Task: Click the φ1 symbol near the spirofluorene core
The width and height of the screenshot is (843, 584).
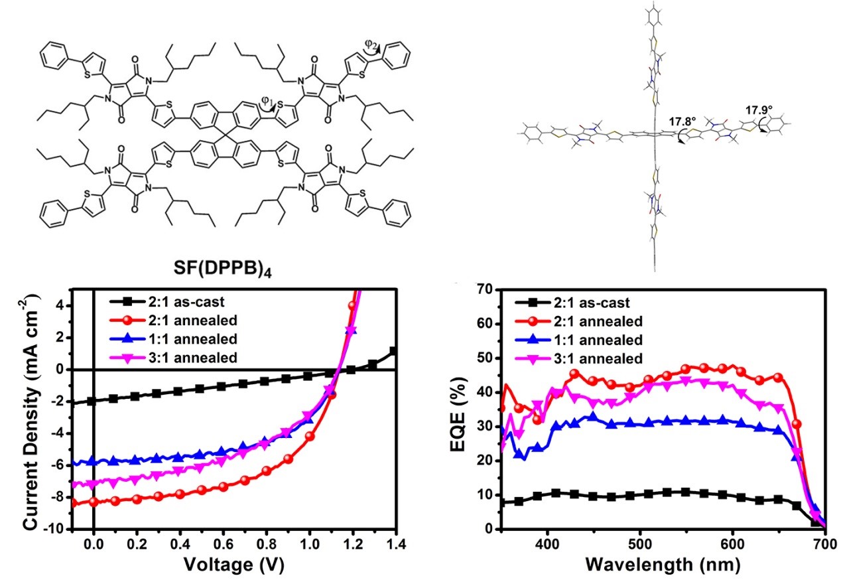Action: [x=265, y=103]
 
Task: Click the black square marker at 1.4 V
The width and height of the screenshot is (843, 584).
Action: [x=393, y=350]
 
